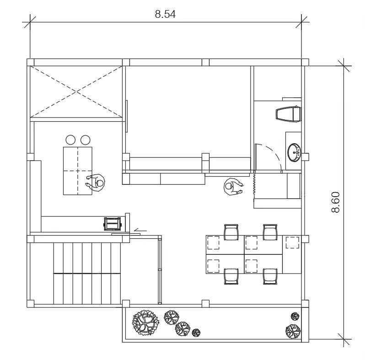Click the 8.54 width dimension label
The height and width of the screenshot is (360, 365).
point(165,14)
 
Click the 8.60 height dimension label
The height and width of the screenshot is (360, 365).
point(335,202)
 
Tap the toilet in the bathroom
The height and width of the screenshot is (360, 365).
point(289,114)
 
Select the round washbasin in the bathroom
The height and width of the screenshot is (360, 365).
point(294,152)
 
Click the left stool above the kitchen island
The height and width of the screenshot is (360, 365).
point(70,140)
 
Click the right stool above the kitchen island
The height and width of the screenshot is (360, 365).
point(85,140)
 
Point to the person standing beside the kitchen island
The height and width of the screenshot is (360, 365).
point(96,183)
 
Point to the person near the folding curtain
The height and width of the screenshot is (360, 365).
point(233,187)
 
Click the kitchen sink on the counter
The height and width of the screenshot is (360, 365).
point(113,224)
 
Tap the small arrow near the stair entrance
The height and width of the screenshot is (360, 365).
point(140,231)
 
